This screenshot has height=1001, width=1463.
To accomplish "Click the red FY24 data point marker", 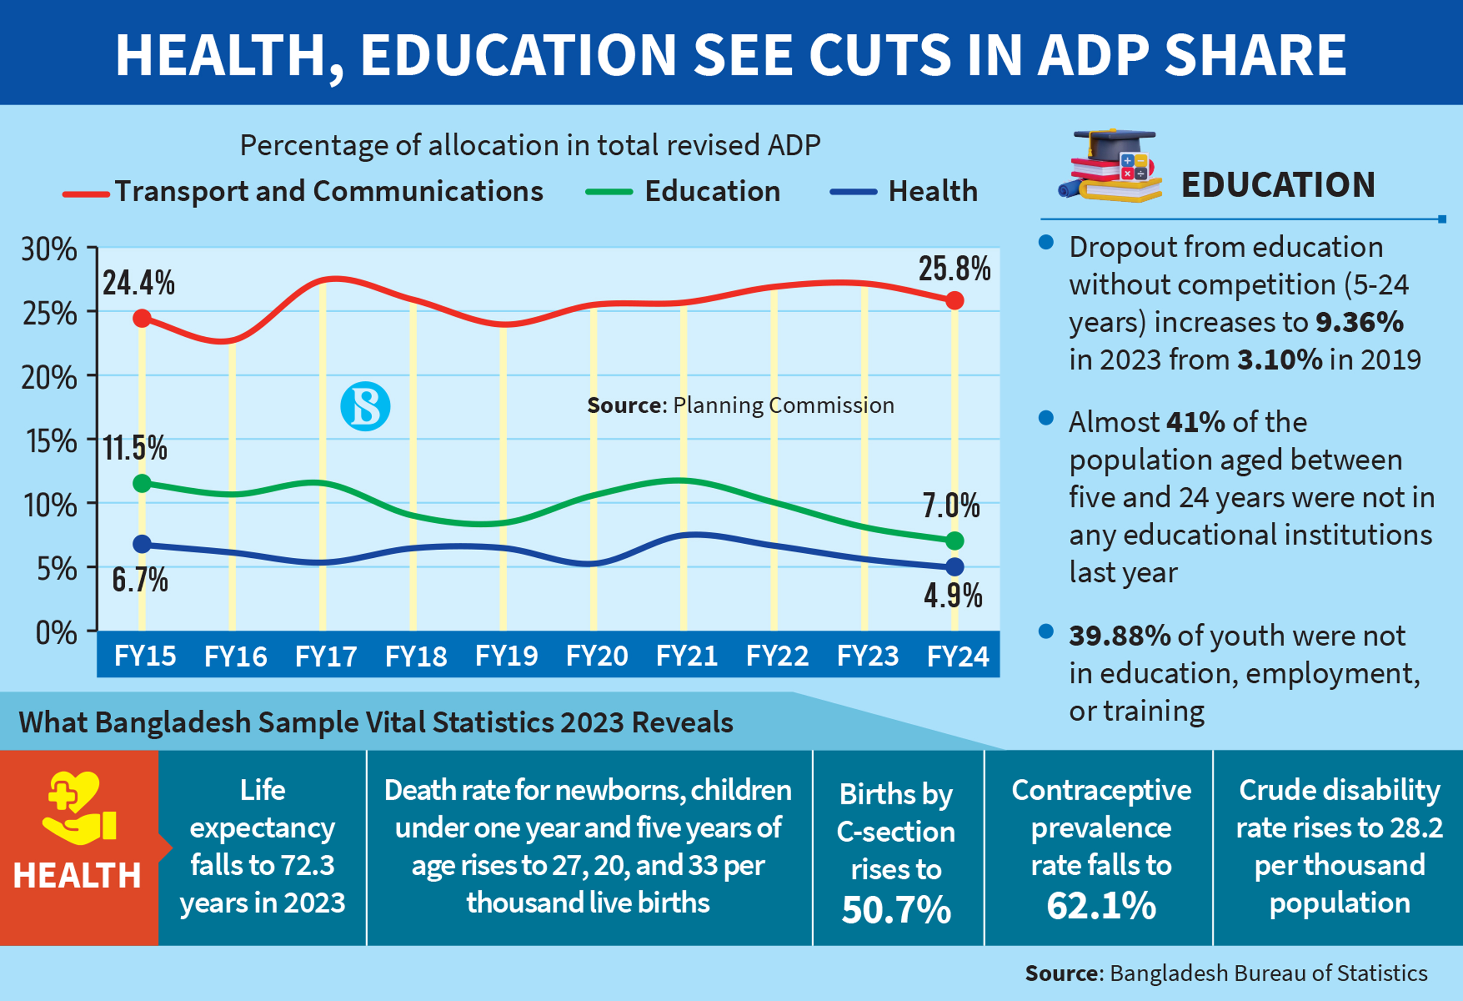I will coord(955,300).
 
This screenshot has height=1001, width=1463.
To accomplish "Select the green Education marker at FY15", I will coord(142,483).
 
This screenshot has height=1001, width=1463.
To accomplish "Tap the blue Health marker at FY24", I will coord(955,567).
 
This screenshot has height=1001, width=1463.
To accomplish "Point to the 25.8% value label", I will coord(955,269).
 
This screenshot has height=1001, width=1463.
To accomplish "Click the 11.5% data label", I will coord(135,448).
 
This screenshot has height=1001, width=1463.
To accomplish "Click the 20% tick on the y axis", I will coord(49,378).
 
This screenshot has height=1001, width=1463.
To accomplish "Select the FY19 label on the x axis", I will coord(506,656).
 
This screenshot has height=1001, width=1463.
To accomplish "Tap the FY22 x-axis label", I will coord(777,656).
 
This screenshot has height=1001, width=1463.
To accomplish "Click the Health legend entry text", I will coord(933,191).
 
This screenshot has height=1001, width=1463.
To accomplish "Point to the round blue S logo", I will coord(365,406).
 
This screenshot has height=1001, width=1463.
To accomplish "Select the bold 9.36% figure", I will coord(1359,322).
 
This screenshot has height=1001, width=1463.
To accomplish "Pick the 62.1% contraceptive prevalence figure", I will coord(1101,906).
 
